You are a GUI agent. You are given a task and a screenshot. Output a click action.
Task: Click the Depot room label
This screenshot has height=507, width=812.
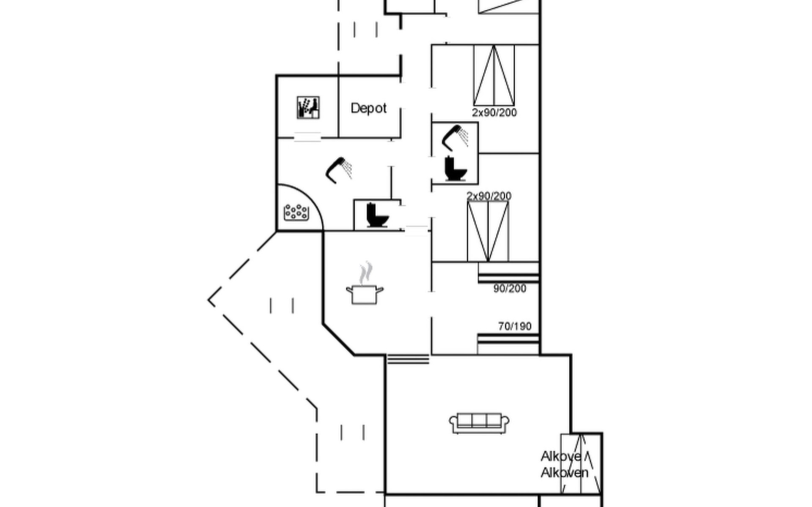368,109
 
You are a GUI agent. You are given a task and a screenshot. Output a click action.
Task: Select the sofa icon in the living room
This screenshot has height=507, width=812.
479,423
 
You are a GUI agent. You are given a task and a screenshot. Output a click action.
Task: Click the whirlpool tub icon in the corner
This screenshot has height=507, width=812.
296,213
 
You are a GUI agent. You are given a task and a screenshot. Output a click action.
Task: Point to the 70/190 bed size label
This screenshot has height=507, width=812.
515,327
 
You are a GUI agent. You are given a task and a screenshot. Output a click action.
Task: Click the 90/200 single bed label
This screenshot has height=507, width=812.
510,289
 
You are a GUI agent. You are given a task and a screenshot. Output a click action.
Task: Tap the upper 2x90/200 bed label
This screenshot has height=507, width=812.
494,113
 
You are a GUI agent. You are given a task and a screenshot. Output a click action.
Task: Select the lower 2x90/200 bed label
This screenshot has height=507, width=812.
489,196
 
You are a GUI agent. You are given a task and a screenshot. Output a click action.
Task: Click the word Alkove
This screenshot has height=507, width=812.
561,457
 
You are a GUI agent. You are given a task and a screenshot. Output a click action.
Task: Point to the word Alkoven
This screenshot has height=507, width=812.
565,473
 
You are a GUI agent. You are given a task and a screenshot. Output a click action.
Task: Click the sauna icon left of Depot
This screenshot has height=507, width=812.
308,108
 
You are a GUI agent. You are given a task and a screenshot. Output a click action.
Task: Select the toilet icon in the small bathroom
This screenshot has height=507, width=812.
455,169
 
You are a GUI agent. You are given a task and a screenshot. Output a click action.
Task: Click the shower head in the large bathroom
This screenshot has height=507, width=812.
339,170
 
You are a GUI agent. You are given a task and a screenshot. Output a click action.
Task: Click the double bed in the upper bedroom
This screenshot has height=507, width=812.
494,75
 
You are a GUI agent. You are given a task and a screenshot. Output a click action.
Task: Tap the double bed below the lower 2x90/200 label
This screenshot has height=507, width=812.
488,232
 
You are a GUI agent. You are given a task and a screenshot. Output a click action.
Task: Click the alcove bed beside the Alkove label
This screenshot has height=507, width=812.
581,463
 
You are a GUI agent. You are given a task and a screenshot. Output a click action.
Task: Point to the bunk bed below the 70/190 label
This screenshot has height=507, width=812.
508,344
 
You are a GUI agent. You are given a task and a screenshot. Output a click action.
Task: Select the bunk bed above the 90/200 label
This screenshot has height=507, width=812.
509,272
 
